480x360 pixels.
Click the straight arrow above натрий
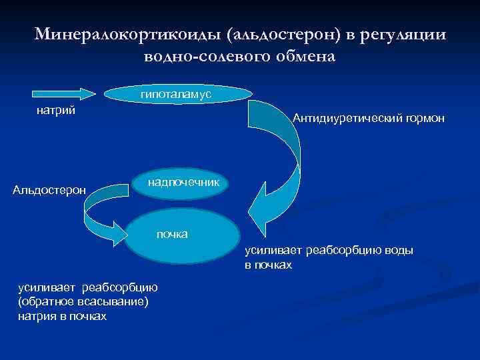(x=64, y=93)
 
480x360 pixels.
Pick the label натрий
(x=55, y=110)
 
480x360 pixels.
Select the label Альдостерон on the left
(x=49, y=191)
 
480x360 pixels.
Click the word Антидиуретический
(x=344, y=119)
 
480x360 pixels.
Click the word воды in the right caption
(x=399, y=251)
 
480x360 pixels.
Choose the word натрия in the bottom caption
(x=35, y=316)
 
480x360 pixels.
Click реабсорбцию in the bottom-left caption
(x=119, y=288)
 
